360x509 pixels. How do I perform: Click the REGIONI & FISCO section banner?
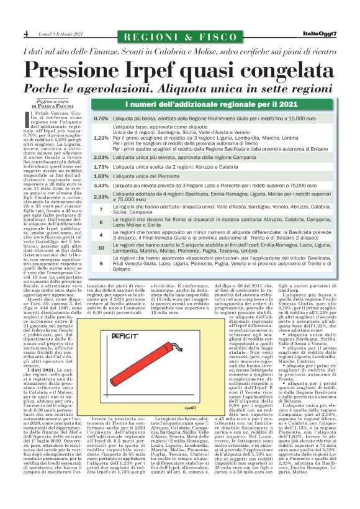180,32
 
